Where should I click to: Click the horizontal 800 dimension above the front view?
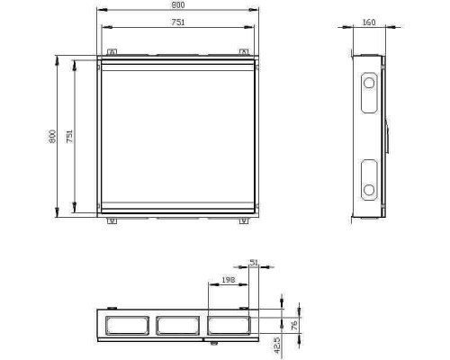pyautogui.click(x=178, y=5)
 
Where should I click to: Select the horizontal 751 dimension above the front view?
pyautogui.click(x=178, y=22)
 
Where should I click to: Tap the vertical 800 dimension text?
pyautogui.click(x=52, y=136)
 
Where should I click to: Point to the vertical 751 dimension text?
pyautogui.click(x=69, y=136)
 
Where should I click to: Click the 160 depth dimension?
pyautogui.click(x=369, y=22)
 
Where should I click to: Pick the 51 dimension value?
pyautogui.click(x=254, y=262)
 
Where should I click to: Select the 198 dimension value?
pyautogui.click(x=229, y=280)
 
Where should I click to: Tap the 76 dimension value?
pyautogui.click(x=294, y=325)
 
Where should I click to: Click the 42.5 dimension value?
pyautogui.click(x=277, y=345)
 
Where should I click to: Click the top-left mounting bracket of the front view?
pyautogui.click(x=112, y=52)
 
